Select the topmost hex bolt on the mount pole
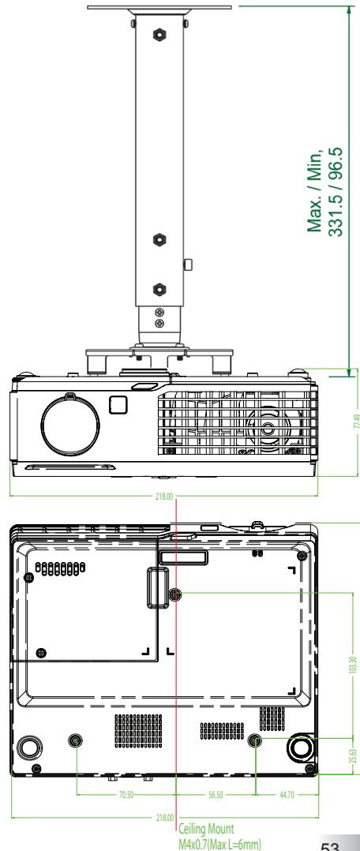click(159, 36)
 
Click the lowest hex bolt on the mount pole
click(159, 287)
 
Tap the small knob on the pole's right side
click(186, 264)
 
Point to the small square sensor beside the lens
click(117, 403)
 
